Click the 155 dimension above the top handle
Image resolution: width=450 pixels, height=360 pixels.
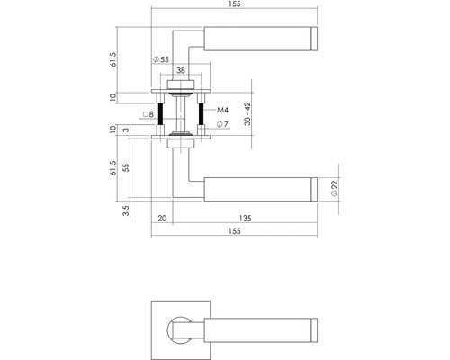point(235,4)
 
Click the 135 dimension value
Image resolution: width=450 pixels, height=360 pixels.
point(246,219)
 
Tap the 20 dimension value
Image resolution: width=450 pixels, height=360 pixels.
point(162,219)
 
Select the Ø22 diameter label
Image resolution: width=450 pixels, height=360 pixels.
point(335,188)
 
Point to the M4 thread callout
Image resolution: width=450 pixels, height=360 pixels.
point(222,110)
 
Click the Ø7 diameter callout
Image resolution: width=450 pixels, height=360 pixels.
point(222,124)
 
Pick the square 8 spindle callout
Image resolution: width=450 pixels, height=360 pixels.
point(148,114)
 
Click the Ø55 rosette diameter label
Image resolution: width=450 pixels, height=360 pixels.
point(161,59)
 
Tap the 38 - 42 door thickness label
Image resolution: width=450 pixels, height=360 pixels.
point(247,114)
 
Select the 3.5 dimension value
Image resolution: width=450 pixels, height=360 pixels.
point(126,211)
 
